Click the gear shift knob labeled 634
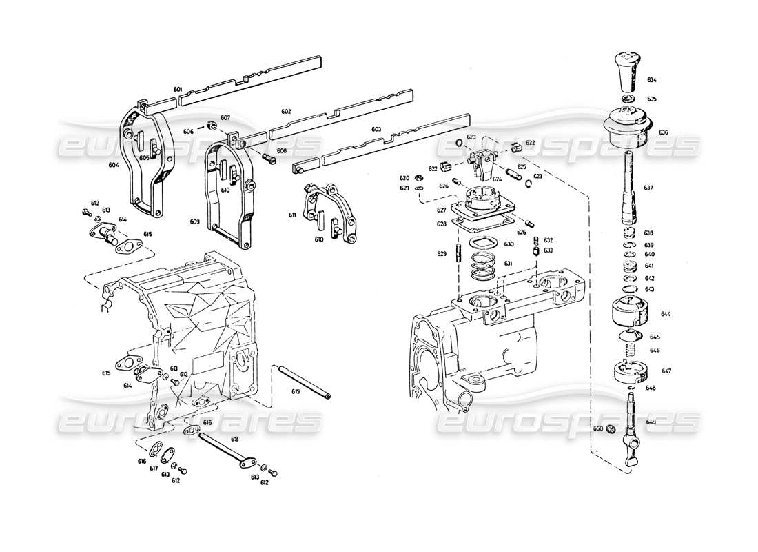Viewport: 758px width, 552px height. [x=626, y=70]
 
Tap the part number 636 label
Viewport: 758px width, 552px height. [x=663, y=132]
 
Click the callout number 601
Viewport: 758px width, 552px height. [x=178, y=90]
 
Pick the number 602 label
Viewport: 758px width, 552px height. [x=286, y=111]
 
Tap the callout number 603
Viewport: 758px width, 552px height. [x=376, y=129]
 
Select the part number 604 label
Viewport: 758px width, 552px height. [x=114, y=165]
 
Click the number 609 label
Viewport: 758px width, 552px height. [x=195, y=221]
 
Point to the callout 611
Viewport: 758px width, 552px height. [x=292, y=215]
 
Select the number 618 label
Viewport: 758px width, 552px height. [x=235, y=439]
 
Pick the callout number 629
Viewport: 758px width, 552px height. [x=442, y=254]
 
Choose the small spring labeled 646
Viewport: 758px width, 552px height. [x=629, y=352]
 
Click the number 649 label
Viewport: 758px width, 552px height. [x=651, y=422]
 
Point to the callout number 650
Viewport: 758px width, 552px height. [x=598, y=428]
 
